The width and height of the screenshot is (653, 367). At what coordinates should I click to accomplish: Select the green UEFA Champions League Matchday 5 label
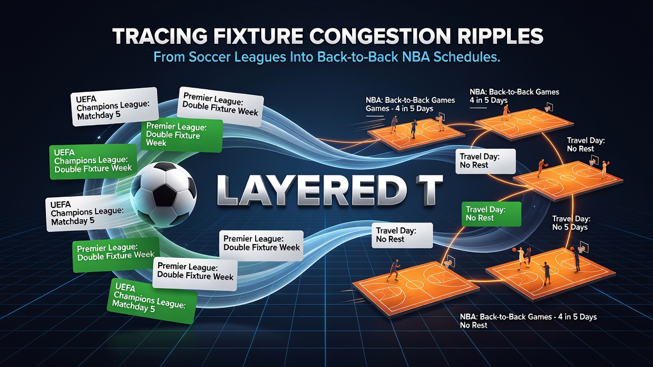(x=152, y=301)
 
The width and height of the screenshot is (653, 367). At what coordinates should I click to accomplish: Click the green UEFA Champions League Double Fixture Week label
(x=93, y=161)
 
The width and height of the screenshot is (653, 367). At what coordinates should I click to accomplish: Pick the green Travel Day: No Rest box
(x=491, y=214)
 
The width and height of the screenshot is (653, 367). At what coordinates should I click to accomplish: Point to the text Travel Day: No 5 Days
(x=571, y=223)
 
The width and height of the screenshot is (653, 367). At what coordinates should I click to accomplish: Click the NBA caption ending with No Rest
(x=528, y=321)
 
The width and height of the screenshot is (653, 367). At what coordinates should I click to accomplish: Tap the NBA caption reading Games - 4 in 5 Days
(x=410, y=104)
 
